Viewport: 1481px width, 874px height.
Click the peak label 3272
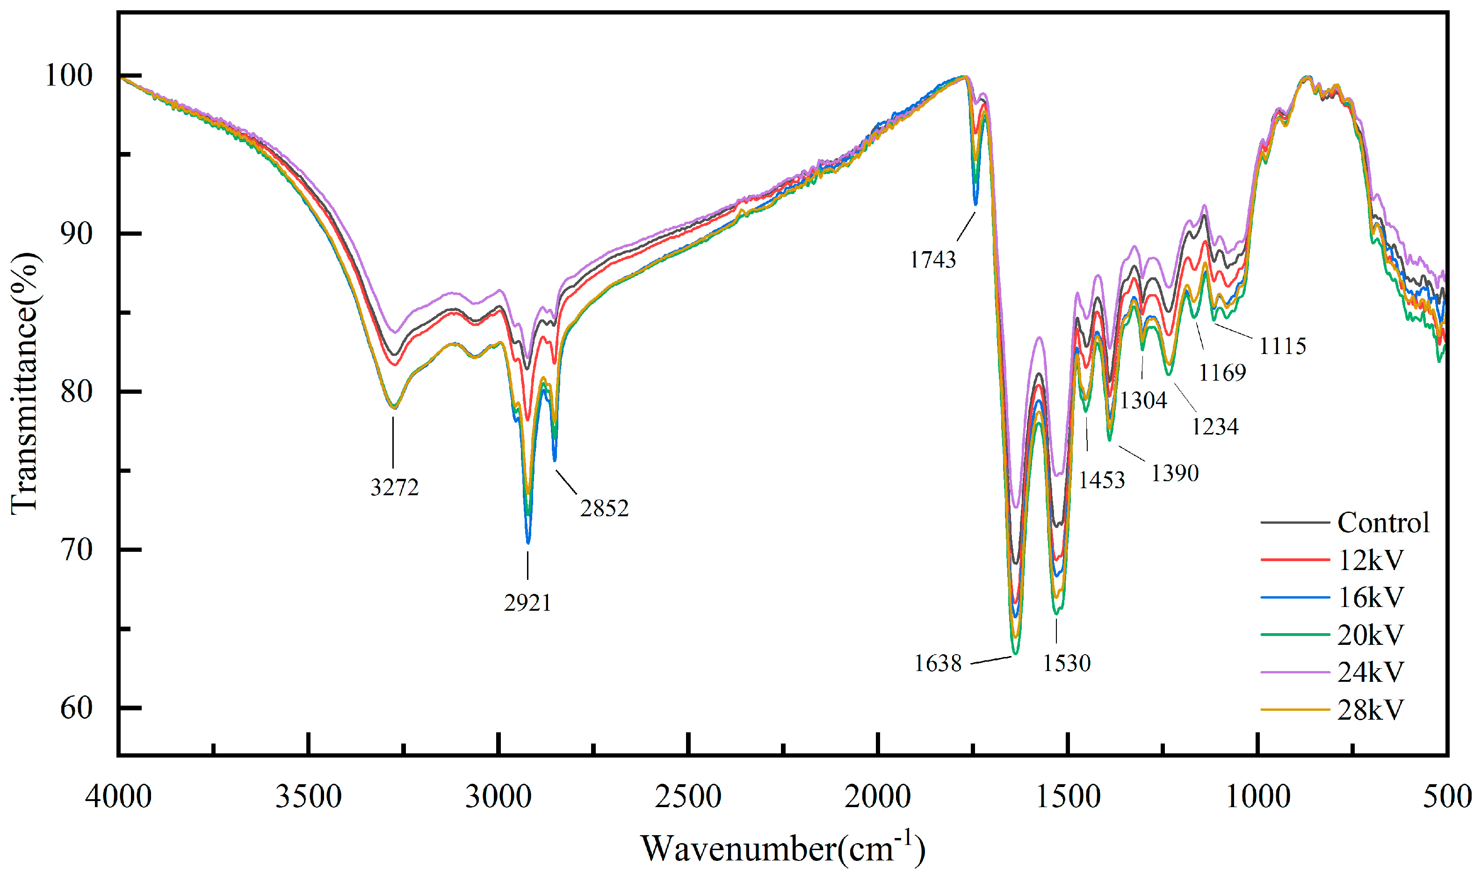pyautogui.click(x=394, y=488)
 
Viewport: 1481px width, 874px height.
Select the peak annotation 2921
pyautogui.click(x=527, y=603)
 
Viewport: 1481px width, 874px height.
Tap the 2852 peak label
pyautogui.click(x=604, y=508)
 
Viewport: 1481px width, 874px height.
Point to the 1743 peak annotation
pyautogui.click(x=933, y=260)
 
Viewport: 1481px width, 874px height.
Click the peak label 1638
pyautogui.click(x=938, y=664)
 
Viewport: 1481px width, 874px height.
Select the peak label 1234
pyautogui.click(x=1215, y=426)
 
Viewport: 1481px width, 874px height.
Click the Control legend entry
pyautogui.click(x=1383, y=523)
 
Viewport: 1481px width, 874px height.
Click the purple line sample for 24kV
pyautogui.click(x=1295, y=672)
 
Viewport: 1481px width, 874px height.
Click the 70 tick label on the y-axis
pyautogui.click(x=77, y=550)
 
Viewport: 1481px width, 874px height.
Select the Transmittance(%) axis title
pyautogui.click(x=25, y=383)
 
